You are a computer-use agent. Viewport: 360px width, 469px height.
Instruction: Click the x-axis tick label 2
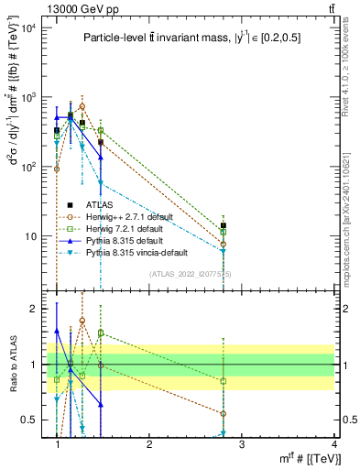click(x=150, y=443)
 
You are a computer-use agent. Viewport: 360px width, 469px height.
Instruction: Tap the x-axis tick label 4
click(x=334, y=443)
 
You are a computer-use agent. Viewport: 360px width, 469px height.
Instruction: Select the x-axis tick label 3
click(x=242, y=443)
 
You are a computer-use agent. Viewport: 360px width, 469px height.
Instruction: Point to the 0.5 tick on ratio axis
click(x=34, y=420)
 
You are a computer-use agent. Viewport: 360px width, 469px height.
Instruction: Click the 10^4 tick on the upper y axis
click(x=30, y=27)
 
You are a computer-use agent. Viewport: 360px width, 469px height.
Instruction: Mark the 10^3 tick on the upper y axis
click(x=30, y=97)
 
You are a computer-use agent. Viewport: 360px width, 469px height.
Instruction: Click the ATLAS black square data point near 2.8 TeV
click(x=224, y=225)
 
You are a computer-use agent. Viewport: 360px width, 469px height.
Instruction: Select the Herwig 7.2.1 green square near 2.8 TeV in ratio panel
click(x=224, y=380)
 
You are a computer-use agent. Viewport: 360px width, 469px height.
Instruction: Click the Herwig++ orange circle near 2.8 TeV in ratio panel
click(x=224, y=413)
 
